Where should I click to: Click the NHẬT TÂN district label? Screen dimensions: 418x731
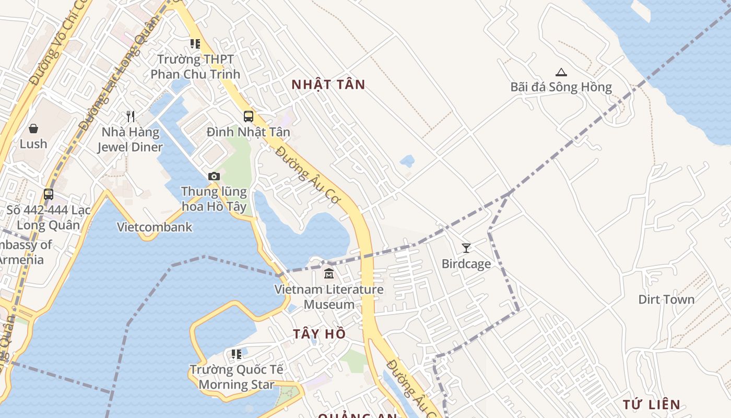328,85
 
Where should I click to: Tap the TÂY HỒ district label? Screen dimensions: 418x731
320,334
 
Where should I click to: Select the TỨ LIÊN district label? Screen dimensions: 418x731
652,404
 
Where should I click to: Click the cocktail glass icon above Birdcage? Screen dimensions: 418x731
466,248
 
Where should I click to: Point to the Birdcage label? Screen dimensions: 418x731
466,264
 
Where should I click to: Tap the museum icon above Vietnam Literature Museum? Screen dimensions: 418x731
329,273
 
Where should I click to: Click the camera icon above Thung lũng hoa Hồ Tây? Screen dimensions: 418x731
214,177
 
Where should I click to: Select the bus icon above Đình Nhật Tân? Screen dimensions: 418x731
249,117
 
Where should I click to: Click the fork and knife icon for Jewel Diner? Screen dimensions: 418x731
131,117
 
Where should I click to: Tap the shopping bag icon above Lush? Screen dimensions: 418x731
33,129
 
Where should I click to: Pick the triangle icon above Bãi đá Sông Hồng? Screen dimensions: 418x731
561,72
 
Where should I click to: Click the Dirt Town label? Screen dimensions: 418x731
666,299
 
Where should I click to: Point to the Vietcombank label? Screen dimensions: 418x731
155,227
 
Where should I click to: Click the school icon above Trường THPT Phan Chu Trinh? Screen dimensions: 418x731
195,44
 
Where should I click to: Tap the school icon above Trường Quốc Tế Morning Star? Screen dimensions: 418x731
237,354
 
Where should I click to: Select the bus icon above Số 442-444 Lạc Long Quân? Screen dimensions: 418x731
49,194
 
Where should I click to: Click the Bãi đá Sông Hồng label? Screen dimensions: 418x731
561,87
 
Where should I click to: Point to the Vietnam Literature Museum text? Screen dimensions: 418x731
329,297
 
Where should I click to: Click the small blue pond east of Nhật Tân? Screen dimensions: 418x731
407,160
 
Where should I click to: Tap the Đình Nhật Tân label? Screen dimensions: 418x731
248,132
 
